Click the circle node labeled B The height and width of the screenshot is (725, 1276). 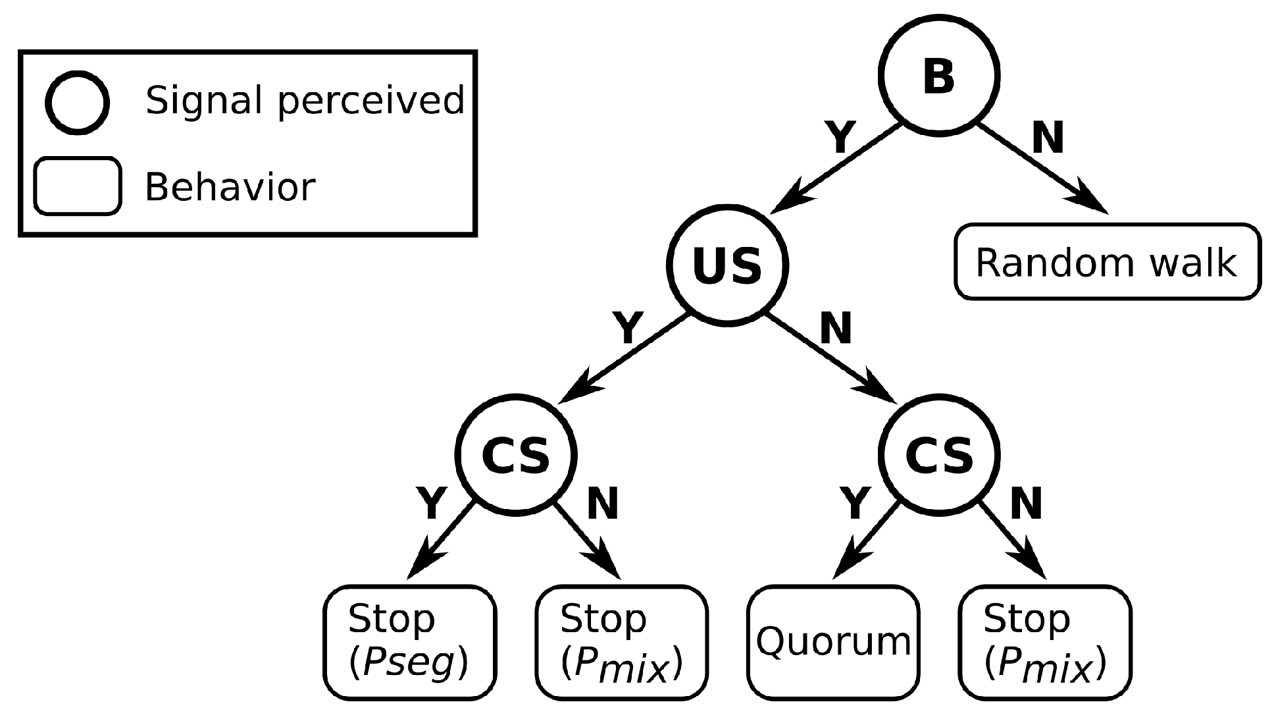(x=938, y=76)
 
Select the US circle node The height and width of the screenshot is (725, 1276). (x=727, y=265)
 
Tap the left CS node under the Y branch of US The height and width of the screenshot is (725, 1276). (x=515, y=454)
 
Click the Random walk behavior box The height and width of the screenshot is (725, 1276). (x=1107, y=262)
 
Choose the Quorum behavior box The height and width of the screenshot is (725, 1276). (x=833, y=642)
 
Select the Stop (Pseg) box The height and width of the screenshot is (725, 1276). (x=409, y=642)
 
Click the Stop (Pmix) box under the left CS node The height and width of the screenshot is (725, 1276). (x=621, y=642)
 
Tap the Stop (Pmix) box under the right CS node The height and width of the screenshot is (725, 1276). (x=1045, y=642)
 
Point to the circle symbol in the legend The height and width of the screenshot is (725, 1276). (x=77, y=103)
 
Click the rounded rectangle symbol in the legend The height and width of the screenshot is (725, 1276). (x=78, y=186)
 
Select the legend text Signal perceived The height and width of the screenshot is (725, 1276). (x=305, y=101)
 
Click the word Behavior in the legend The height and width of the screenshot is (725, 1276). (x=230, y=187)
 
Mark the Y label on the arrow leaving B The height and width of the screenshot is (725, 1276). (x=840, y=138)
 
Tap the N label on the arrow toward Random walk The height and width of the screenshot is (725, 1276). (x=1048, y=138)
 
